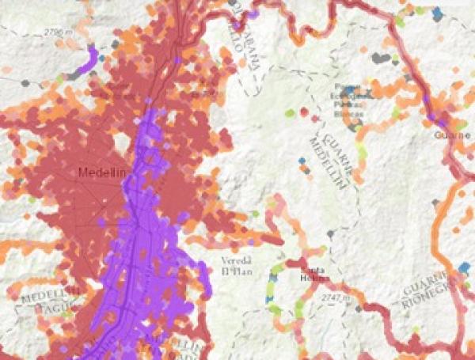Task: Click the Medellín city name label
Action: (97, 172)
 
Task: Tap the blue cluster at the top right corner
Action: (436, 13)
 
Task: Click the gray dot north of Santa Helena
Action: (330, 233)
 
